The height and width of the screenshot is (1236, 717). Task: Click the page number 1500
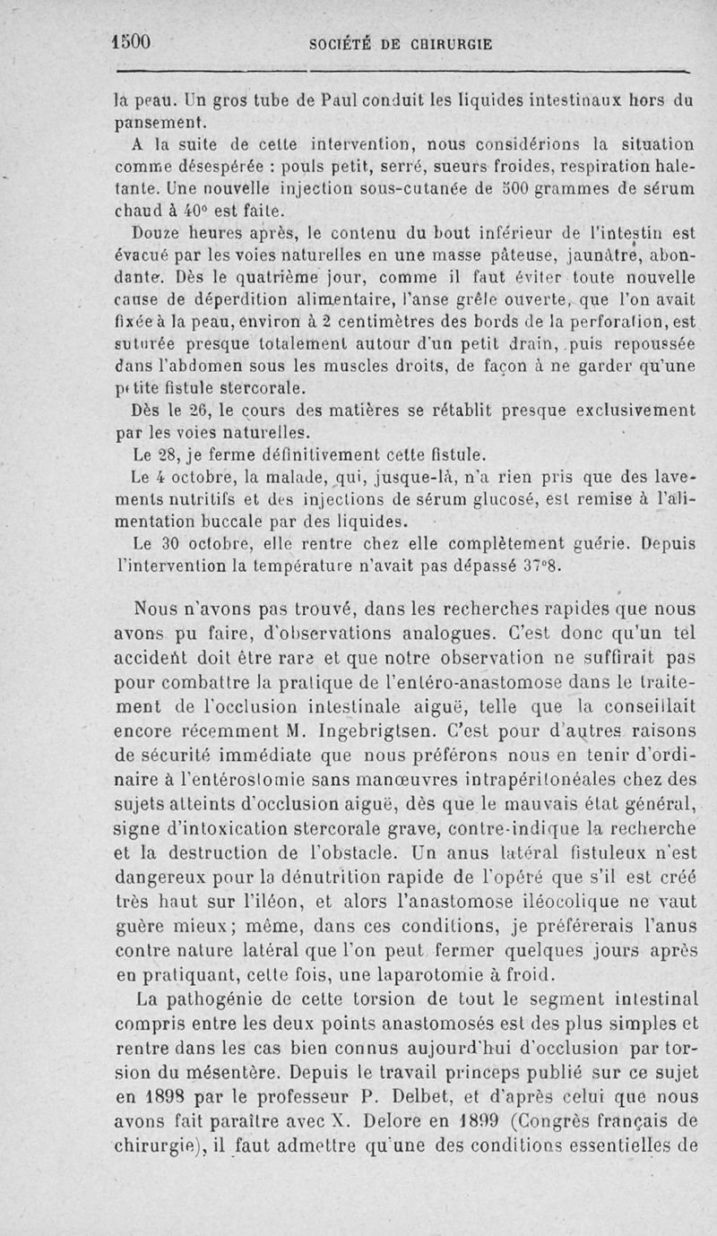point(132,42)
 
